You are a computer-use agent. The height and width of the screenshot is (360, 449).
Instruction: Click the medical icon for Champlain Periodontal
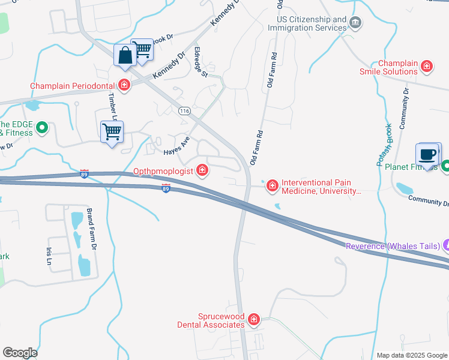pyautogui.click(x=124, y=85)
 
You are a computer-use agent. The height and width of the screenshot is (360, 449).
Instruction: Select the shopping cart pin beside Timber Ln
pyautogui.click(x=112, y=131)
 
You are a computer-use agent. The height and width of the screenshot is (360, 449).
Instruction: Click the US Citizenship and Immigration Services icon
pyautogui.click(x=355, y=23)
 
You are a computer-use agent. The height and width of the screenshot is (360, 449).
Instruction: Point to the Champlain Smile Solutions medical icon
pyautogui.click(x=427, y=67)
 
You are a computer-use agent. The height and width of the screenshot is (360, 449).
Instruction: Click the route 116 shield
pyautogui.click(x=184, y=111)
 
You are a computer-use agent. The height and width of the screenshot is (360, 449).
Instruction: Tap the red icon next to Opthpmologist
pyautogui.click(x=202, y=171)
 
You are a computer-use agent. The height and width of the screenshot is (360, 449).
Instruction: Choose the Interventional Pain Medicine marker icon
pyautogui.click(x=273, y=186)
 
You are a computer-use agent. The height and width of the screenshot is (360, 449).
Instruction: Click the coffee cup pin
pyautogui.click(x=427, y=155)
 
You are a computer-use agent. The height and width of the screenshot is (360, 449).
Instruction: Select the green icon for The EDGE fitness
pyautogui.click(x=42, y=127)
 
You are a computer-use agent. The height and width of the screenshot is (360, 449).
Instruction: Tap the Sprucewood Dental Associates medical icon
pyautogui.click(x=254, y=320)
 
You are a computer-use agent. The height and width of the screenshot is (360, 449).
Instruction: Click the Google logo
pyautogui.click(x=20, y=352)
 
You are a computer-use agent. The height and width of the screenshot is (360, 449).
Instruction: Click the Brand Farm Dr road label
pyautogui.click(x=91, y=229)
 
